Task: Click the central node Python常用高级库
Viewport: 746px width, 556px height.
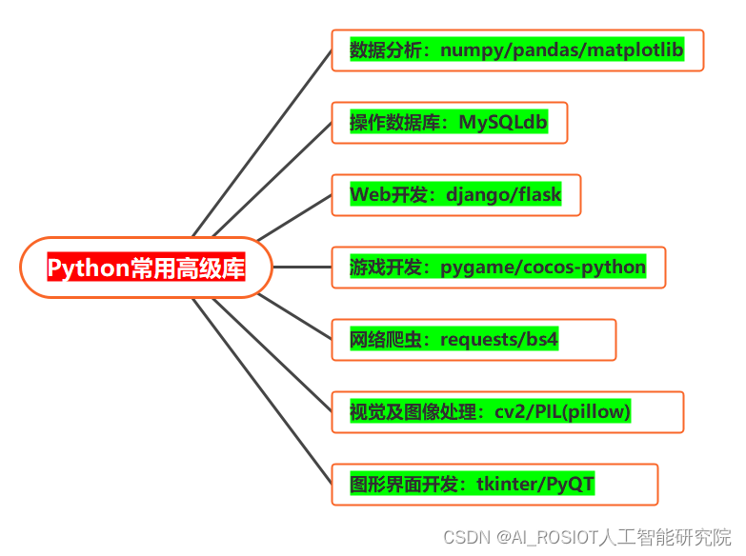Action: (x=146, y=268)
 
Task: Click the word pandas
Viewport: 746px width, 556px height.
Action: (x=545, y=50)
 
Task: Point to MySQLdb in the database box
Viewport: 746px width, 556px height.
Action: (x=503, y=123)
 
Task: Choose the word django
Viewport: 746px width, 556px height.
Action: (x=475, y=195)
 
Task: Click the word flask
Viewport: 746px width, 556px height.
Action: (x=540, y=195)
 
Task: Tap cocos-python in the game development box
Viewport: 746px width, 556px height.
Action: (x=584, y=268)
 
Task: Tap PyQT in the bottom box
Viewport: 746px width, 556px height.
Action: (x=571, y=485)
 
